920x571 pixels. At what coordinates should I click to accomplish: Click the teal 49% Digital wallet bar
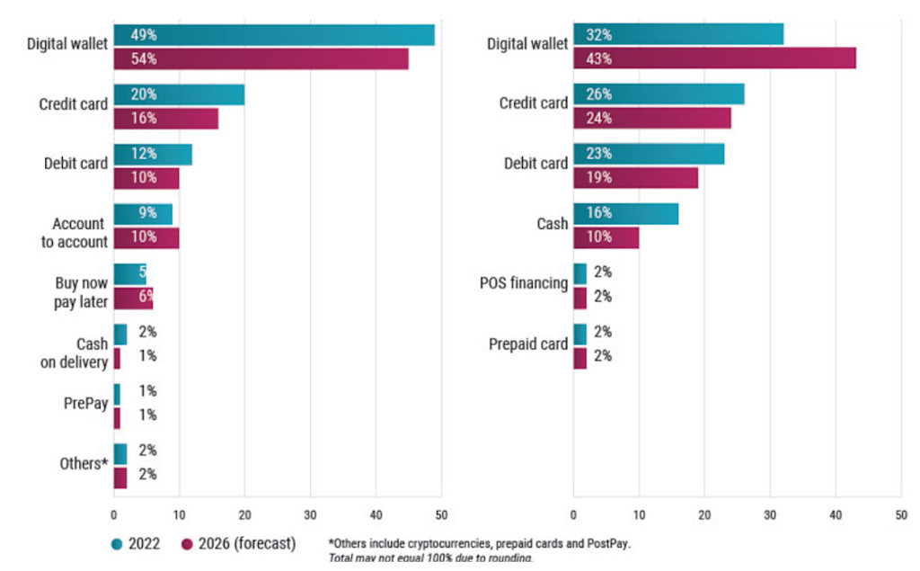274,35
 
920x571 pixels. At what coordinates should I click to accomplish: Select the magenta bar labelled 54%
261,59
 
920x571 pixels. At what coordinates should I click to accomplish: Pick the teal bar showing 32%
678,35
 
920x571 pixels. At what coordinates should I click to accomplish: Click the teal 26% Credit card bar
659,94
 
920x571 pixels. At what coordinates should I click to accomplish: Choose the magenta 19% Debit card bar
635,178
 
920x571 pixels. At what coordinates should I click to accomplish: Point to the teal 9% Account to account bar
143,214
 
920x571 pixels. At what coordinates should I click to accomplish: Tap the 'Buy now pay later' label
81,292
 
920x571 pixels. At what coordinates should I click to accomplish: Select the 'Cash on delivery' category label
81,352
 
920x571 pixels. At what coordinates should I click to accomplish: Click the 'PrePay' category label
85,404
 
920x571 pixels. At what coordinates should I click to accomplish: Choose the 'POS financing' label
524,283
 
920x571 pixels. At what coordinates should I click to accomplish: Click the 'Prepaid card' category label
528,343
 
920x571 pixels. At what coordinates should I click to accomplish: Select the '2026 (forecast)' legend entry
239,543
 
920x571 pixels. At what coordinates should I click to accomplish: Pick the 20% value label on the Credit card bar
143,94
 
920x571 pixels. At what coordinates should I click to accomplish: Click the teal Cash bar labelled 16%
625,214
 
